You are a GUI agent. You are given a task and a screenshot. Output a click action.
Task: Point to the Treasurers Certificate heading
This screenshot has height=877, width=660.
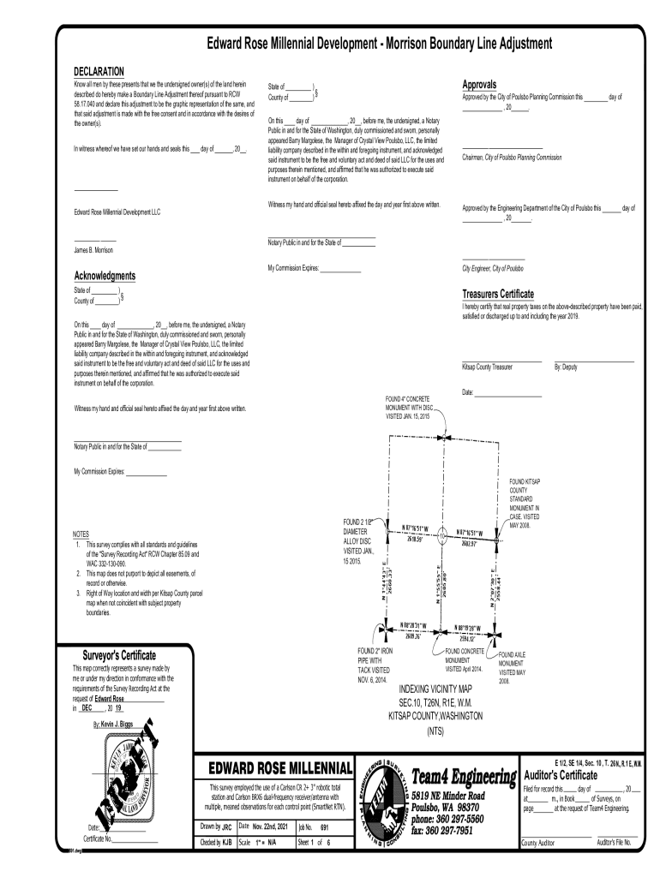tap(509, 294)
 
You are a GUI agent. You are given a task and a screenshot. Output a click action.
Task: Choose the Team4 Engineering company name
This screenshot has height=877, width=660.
tap(464, 776)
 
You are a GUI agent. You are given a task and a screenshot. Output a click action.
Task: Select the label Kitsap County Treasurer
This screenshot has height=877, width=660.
tap(487, 367)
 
